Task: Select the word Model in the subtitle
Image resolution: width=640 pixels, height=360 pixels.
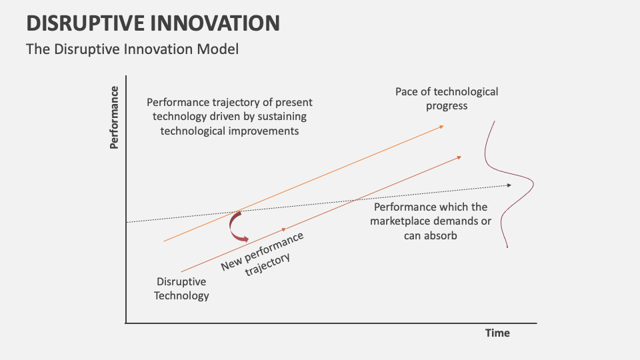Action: (220, 49)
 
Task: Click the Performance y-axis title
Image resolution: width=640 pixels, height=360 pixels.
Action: (114, 117)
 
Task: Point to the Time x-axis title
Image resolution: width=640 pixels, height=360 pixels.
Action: (497, 333)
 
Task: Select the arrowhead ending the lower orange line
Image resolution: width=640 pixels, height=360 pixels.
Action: (459, 157)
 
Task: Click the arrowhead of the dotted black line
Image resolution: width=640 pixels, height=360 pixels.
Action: (509, 185)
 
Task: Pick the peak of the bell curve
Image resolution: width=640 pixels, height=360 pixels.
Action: (534, 185)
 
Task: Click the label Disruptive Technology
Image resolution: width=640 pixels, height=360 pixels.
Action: (181, 289)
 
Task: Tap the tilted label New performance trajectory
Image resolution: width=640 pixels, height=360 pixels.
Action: (264, 253)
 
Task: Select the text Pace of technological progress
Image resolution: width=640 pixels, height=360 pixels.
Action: (447, 99)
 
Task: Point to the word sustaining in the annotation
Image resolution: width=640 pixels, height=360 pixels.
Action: (276, 117)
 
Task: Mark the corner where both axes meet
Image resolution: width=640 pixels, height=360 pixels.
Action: (125, 323)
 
